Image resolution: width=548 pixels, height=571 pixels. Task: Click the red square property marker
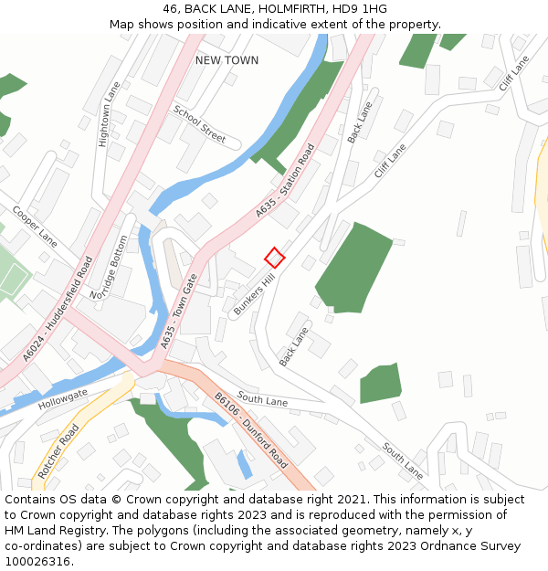pyautogui.click(x=275, y=258)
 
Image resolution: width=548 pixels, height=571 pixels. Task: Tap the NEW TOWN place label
pyautogui.click(x=227, y=60)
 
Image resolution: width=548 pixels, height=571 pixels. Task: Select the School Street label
pyautogui.click(x=199, y=124)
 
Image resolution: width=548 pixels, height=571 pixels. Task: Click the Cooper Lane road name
pyautogui.click(x=35, y=225)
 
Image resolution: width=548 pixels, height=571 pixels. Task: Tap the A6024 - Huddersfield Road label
pyautogui.click(x=58, y=307)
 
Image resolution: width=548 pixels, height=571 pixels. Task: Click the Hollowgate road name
pyautogui.click(x=63, y=397)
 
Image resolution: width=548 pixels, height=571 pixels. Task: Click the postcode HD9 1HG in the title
pyautogui.click(x=363, y=9)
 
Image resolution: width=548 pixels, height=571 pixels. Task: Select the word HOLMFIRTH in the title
pyautogui.click(x=290, y=9)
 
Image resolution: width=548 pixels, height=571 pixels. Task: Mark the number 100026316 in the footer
pyautogui.click(x=37, y=562)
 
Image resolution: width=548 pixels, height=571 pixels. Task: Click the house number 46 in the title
pyautogui.click(x=171, y=9)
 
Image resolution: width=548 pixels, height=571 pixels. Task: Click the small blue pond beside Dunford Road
pyautogui.click(x=244, y=463)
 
